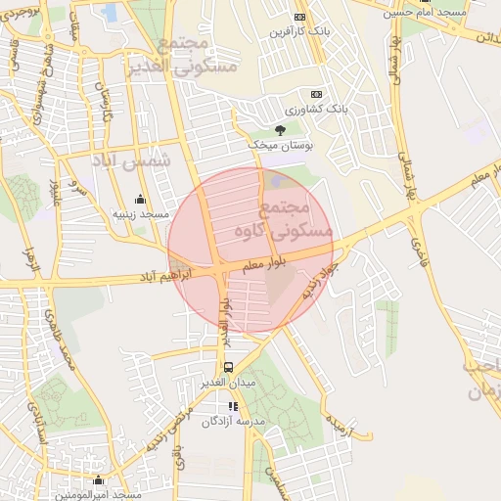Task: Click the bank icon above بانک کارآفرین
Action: [x=299, y=17]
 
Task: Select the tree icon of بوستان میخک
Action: [x=280, y=129]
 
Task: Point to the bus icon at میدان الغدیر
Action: [x=202, y=368]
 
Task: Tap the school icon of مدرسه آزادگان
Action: [x=232, y=406]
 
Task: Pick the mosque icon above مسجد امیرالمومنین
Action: [x=98, y=480]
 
